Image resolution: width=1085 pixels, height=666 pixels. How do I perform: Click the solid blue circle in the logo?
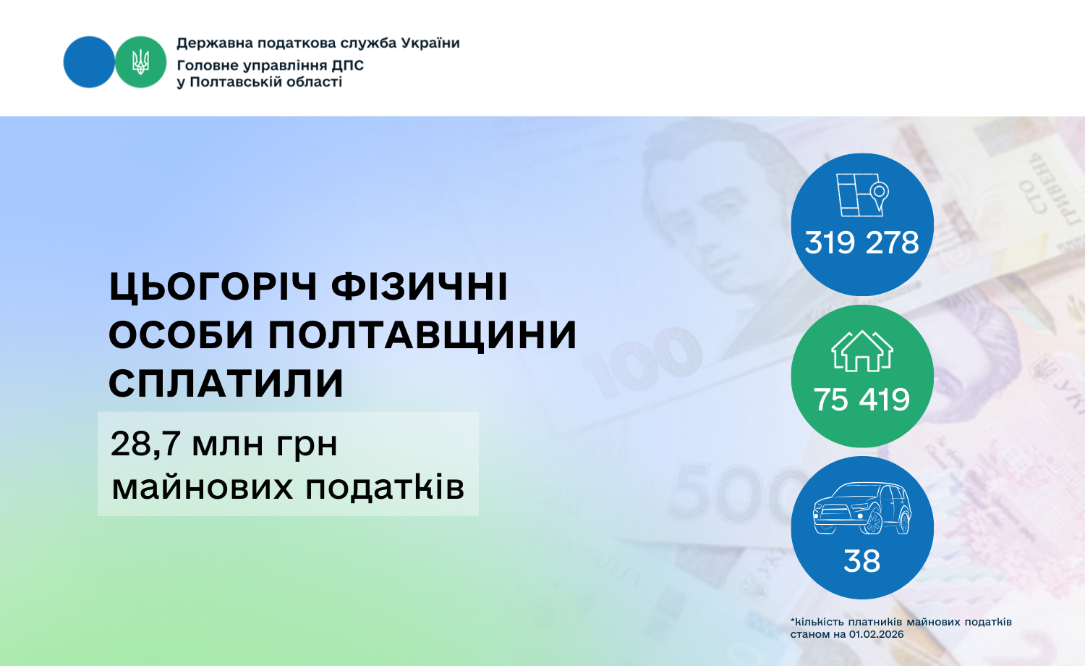tap(89, 62)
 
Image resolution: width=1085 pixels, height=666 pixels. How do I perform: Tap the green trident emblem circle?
tap(140, 62)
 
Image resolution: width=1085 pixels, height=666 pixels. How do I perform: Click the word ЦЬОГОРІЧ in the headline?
tap(213, 287)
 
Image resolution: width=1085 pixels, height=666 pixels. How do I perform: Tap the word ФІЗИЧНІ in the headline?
tap(420, 287)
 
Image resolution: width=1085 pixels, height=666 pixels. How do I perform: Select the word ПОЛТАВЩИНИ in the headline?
tap(422, 334)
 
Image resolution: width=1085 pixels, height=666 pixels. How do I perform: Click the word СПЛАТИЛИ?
tap(226, 383)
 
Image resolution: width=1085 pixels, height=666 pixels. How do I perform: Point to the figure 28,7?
tap(145, 444)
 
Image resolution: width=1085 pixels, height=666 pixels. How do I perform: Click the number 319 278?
tap(861, 243)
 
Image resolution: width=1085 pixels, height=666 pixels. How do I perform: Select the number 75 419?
tap(861, 400)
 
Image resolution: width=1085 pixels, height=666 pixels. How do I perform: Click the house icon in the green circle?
tap(862, 351)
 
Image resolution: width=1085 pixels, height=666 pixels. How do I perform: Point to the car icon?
tap(862, 508)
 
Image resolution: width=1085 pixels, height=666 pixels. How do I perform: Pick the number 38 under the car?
tap(861, 561)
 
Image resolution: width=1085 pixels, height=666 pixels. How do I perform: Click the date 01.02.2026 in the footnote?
tap(876, 634)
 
